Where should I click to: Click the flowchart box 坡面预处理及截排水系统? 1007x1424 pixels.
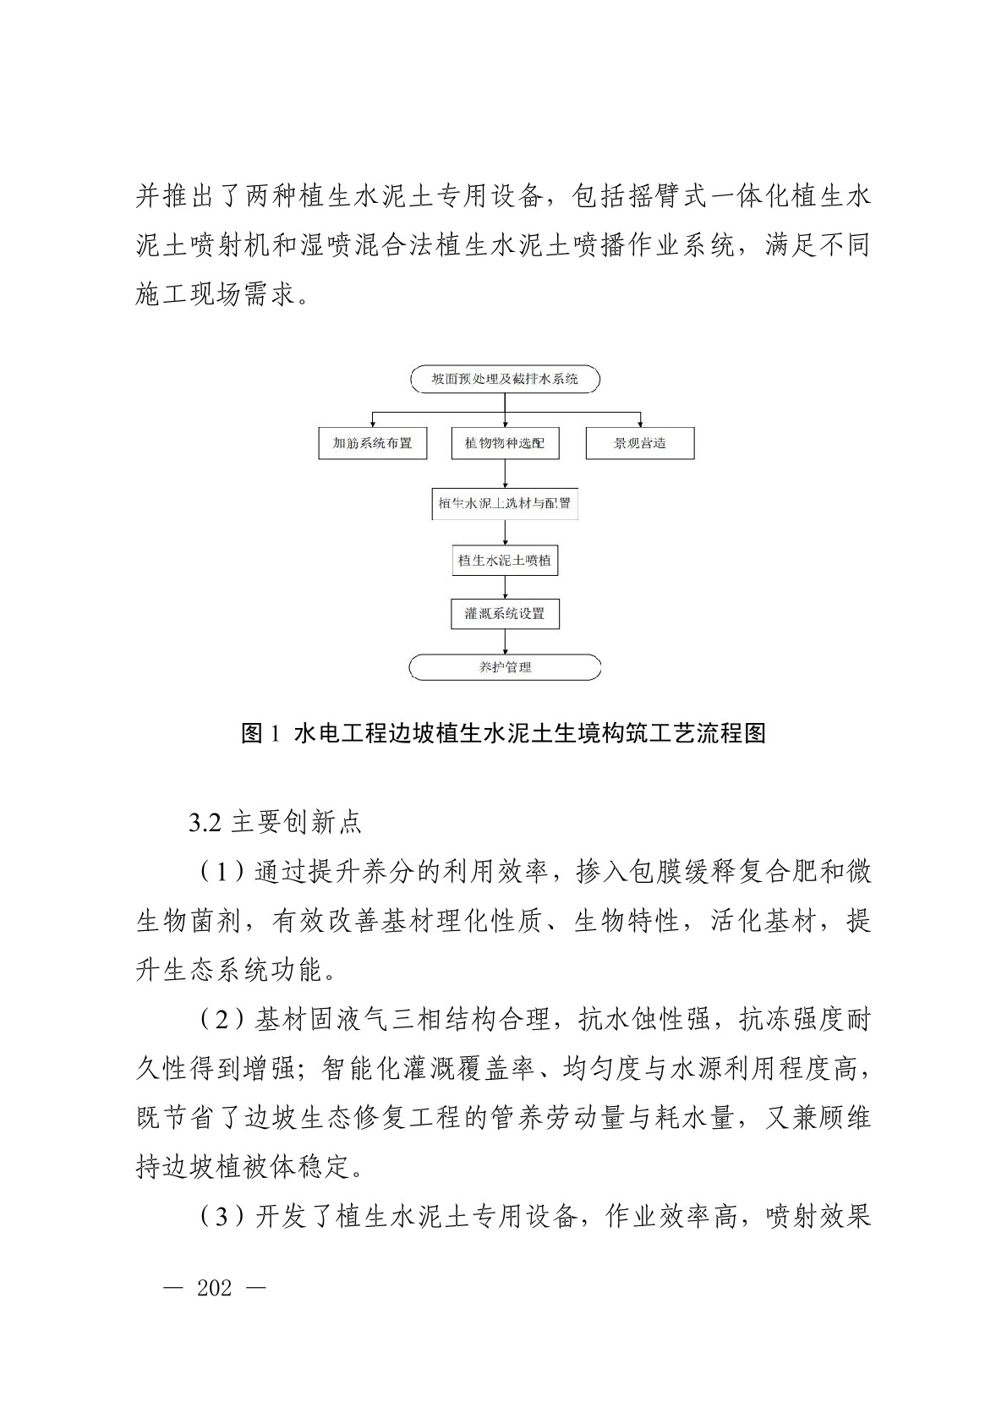click(x=505, y=380)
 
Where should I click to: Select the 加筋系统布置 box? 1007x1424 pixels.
click(x=372, y=443)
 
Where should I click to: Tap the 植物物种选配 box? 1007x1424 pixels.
click(x=505, y=443)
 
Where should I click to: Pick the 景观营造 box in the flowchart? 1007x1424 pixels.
click(x=639, y=443)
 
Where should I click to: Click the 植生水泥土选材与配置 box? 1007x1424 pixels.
click(x=505, y=503)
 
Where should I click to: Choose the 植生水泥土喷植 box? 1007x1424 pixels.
click(x=505, y=560)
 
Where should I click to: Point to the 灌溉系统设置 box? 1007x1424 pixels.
click(x=505, y=614)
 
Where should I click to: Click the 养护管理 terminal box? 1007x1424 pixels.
click(x=505, y=667)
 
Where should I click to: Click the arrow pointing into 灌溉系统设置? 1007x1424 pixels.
click(x=505, y=589)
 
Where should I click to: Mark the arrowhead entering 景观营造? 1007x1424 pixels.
click(x=640, y=422)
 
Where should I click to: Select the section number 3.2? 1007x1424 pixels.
click(x=205, y=823)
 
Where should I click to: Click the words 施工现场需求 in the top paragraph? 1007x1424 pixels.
click(x=216, y=295)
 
